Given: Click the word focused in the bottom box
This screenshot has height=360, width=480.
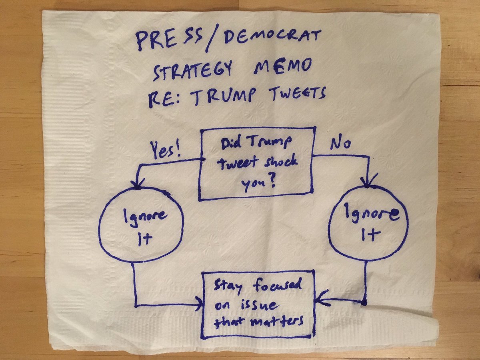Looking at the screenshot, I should (276, 286).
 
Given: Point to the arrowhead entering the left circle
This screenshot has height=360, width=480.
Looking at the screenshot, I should (138, 184).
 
